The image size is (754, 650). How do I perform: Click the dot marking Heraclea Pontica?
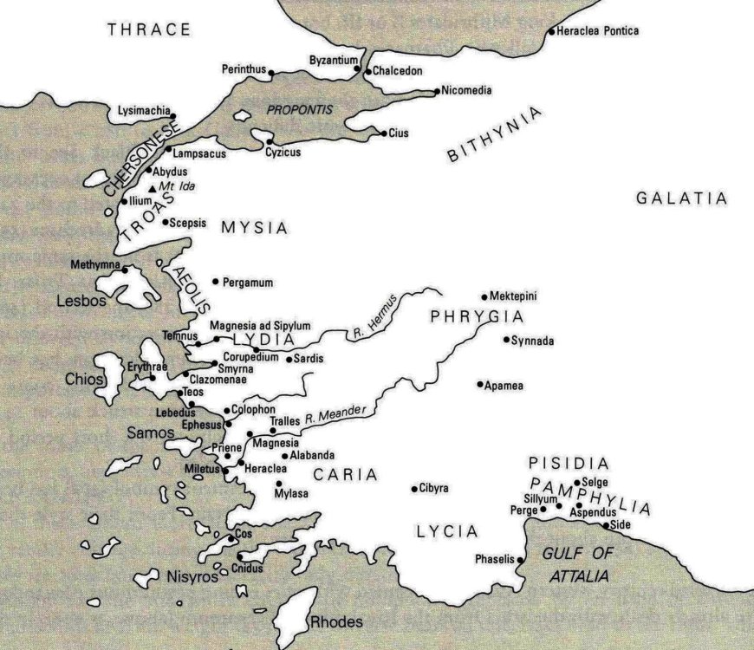pos(551,33)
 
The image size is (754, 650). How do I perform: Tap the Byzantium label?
pos(334,60)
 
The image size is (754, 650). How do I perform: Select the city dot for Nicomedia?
pos(436,90)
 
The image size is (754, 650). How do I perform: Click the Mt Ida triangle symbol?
pos(153,188)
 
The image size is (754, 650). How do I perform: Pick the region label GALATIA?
pos(681,198)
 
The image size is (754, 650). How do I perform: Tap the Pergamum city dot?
pos(216,283)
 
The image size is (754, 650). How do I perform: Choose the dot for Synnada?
pos(506,340)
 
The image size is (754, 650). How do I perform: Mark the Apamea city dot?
pos(479,384)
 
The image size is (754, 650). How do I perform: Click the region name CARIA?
pos(346,475)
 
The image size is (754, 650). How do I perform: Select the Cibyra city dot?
pos(414,489)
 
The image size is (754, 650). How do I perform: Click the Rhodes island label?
pos(336,622)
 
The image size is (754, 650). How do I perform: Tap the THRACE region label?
pos(149,30)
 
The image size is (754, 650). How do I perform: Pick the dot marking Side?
pos(606,525)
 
